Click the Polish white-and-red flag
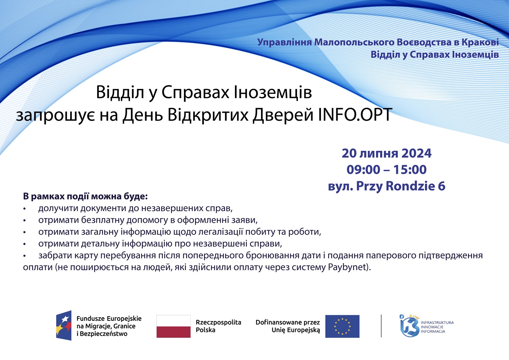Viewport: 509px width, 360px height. click(x=173, y=326)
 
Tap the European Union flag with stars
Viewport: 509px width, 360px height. click(x=342, y=326)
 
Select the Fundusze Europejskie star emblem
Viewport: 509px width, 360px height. click(x=64, y=325)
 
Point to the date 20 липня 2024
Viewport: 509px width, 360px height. click(x=387, y=153)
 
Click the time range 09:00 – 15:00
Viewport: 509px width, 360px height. click(x=387, y=169)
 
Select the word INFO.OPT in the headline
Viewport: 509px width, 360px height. click(x=355, y=115)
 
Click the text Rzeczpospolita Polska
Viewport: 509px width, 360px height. click(x=218, y=326)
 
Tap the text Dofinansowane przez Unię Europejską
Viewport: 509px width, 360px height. click(x=288, y=326)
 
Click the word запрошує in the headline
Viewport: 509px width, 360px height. click(x=55, y=115)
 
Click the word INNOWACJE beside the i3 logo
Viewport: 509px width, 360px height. click(x=432, y=327)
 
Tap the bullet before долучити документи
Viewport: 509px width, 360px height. click(x=24, y=209)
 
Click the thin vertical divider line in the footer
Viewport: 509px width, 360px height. click(x=381, y=326)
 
